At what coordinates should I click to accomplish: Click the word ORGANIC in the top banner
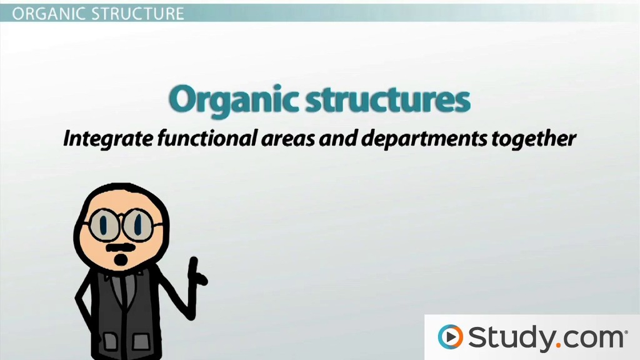pyautogui.click(x=49, y=14)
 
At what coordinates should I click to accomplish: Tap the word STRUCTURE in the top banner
pyautogui.click(x=137, y=14)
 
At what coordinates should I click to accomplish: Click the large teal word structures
pyautogui.click(x=387, y=99)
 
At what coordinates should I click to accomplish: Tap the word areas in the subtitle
pyautogui.click(x=287, y=139)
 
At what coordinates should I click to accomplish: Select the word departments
pyautogui.click(x=424, y=139)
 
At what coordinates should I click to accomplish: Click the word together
pyautogui.click(x=534, y=139)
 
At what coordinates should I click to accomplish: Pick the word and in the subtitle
pyautogui.click(x=338, y=138)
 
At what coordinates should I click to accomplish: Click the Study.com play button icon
pyautogui.click(x=450, y=337)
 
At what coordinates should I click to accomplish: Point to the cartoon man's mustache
pyautogui.click(x=121, y=247)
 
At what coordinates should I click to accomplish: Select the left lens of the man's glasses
pyautogui.click(x=104, y=224)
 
